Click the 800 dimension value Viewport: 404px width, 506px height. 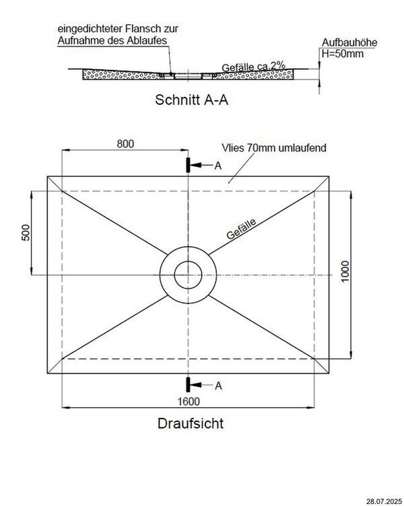125,144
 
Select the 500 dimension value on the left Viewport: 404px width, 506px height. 26,233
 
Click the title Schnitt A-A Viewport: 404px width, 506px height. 191,101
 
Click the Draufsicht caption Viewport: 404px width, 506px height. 191,424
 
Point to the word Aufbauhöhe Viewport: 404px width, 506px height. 348,42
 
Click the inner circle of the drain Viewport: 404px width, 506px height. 188,275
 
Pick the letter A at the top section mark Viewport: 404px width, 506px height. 217,165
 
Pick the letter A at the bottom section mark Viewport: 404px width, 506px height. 217,386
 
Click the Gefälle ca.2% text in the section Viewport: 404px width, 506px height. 253,67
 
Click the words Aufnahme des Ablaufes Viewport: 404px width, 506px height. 112,40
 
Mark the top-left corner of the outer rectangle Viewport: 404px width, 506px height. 48,177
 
